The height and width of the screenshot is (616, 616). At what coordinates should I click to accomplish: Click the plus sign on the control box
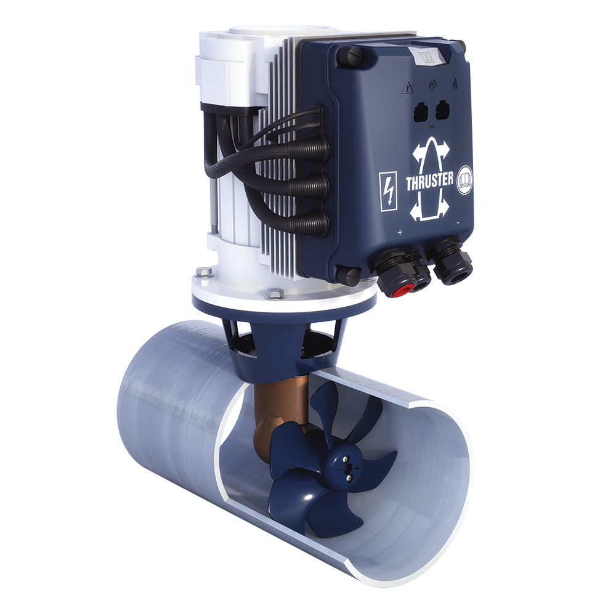pyautogui.click(x=400, y=232)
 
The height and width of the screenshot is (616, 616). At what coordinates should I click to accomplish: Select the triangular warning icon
pyautogui.click(x=407, y=89)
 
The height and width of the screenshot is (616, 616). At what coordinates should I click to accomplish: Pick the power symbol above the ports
pyautogui.click(x=432, y=85)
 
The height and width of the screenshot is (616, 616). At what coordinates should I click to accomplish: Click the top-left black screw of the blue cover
pyautogui.click(x=349, y=55)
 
